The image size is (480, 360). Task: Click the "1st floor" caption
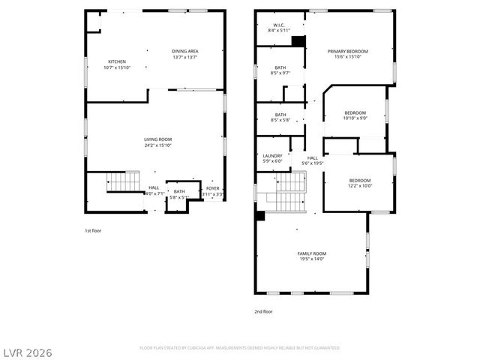coord(92,231)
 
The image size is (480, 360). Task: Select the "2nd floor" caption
coord(262,310)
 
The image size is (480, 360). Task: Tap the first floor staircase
coord(122,182)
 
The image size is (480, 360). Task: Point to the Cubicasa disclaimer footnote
coord(240,348)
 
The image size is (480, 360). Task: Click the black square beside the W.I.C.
coord(298,41)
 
